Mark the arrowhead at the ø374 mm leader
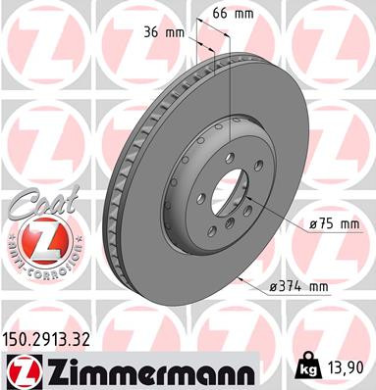tap(242, 276)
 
